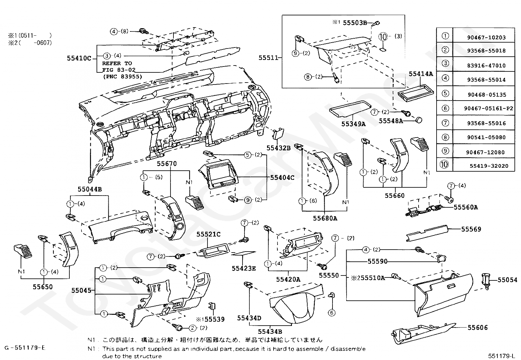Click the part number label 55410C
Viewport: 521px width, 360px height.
tap(79, 58)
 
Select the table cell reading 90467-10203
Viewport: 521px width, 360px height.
tap(486, 38)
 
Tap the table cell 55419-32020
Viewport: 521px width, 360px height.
tap(489, 166)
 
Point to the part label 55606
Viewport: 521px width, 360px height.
tap(477, 327)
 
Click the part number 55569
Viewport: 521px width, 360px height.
tap(471, 229)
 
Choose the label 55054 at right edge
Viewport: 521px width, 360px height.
tap(508, 280)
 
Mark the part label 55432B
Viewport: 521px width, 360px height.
tap(278, 148)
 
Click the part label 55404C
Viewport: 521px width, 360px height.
tap(282, 178)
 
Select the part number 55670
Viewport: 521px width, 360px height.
tap(167, 163)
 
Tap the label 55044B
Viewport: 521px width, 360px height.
tap(90, 189)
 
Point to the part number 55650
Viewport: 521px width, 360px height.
tap(43, 287)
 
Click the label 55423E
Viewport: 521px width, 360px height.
tap(244, 268)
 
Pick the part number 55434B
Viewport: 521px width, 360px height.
tap(270, 331)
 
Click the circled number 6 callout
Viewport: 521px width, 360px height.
tap(332, 313)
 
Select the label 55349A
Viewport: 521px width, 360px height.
tap(353, 124)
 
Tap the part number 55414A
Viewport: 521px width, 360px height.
tap(421, 74)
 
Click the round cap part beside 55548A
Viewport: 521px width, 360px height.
tap(418, 120)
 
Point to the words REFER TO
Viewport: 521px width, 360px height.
tap(117, 63)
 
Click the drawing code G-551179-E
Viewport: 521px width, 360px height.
tap(25, 348)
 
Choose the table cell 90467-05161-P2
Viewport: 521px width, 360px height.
tap(488, 108)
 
